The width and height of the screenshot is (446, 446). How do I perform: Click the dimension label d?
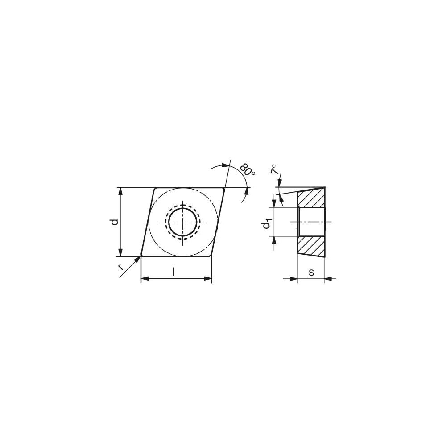[x=115, y=222]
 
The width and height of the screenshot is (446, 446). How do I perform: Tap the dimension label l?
[x=173, y=272]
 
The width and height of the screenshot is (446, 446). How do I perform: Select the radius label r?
[x=120, y=267]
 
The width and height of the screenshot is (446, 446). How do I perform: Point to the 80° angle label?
[x=247, y=170]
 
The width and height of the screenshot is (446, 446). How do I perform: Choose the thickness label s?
[x=311, y=272]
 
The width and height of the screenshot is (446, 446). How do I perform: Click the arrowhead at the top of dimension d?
[x=120, y=191]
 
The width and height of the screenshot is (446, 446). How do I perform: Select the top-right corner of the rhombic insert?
[x=223, y=188]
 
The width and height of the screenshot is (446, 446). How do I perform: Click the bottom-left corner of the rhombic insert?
[x=142, y=256]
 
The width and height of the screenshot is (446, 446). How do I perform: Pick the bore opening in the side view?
[x=311, y=222]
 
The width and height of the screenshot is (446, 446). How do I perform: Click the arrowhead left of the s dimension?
[x=293, y=279]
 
